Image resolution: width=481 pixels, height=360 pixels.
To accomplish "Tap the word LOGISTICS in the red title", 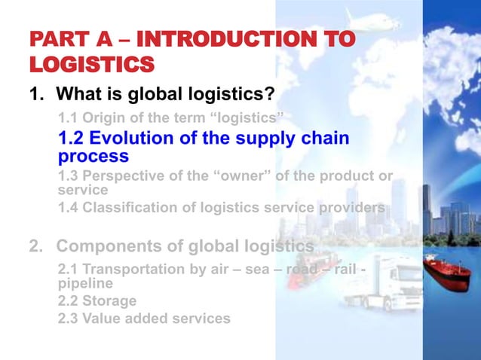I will click(x=91, y=65).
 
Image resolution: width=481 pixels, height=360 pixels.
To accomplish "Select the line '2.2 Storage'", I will click(x=97, y=301).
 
